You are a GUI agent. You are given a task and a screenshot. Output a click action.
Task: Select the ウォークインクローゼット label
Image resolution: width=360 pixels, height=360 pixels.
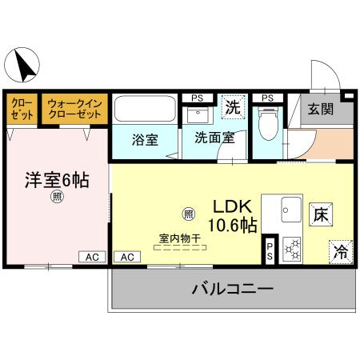74,109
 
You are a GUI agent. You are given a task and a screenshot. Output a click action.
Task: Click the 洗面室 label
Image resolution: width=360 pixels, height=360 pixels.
214,137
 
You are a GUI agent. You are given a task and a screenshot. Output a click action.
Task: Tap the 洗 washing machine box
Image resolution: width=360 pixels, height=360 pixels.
232,106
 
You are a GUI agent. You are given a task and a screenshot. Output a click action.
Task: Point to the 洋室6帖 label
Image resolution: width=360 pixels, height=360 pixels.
54,179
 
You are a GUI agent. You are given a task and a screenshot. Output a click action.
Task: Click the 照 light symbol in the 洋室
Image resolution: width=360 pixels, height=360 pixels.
57,196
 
